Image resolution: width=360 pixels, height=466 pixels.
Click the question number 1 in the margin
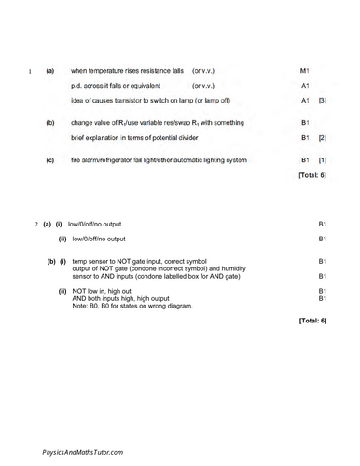[x=31, y=71]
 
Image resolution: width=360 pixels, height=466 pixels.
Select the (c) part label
[x=49, y=160]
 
